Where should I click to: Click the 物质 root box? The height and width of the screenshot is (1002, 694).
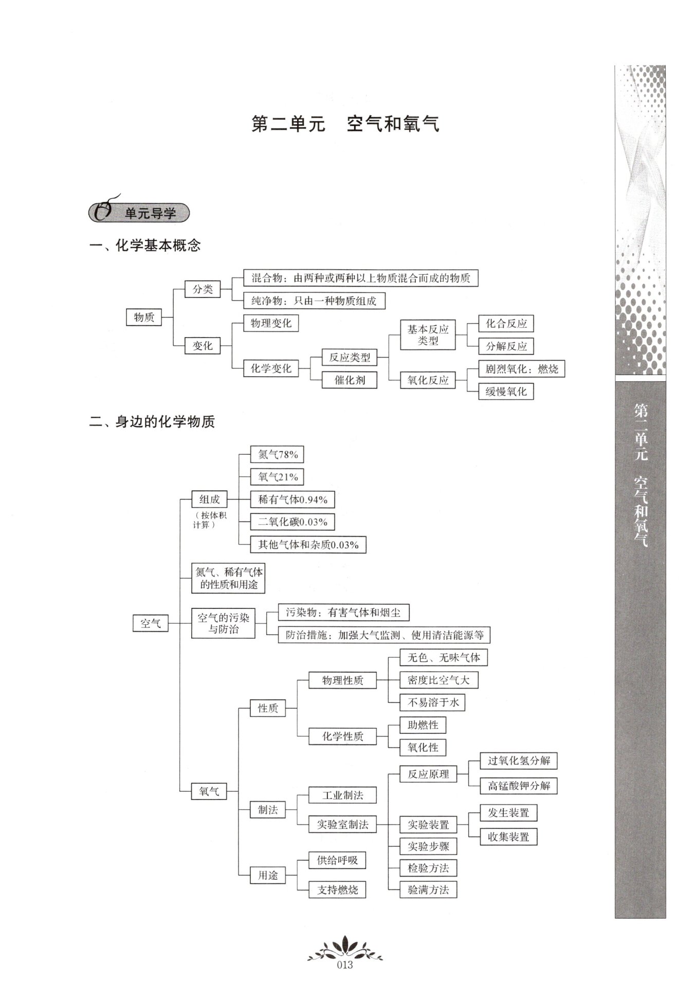tap(144, 317)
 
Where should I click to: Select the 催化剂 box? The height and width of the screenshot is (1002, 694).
tap(350, 380)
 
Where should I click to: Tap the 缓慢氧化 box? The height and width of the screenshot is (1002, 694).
tap(506, 392)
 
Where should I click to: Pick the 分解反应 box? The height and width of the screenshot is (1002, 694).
tap(506, 346)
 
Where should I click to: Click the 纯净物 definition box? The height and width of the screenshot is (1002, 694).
tap(314, 301)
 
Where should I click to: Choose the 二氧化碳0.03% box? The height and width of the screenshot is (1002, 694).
tap(293, 522)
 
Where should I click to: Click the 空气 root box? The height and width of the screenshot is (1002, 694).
tap(151, 623)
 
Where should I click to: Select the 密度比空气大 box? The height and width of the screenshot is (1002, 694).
tap(439, 680)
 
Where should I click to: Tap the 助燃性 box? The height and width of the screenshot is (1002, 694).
tap(423, 725)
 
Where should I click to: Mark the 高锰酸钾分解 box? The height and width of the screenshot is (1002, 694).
tap(519, 786)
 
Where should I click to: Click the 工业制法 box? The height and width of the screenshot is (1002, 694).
tap(342, 795)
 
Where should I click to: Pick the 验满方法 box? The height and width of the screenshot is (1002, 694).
tap(428, 889)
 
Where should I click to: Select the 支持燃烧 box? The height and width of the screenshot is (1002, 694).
tap(337, 889)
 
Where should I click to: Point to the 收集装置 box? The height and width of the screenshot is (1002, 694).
tap(508, 837)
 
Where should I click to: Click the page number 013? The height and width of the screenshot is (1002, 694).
tap(345, 965)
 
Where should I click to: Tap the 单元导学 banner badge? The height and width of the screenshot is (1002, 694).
tap(139, 212)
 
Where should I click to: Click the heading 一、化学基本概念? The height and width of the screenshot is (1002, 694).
tap(145, 246)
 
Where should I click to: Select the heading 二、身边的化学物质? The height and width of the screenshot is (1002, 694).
tap(152, 422)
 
